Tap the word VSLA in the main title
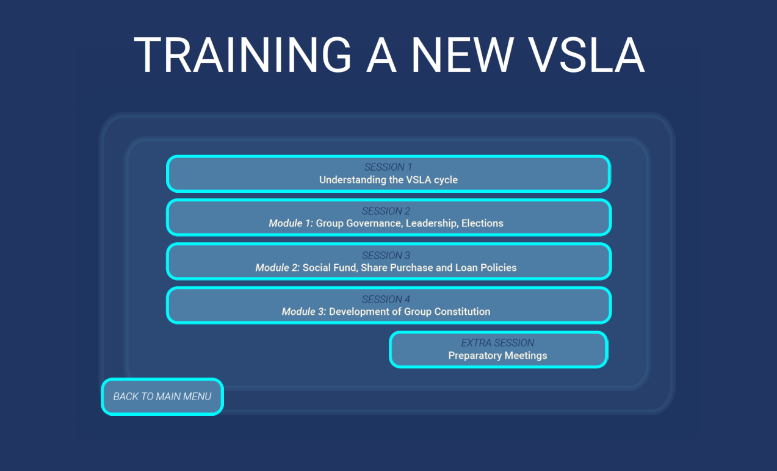[587, 55]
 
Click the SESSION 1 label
[388, 167]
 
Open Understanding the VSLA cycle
[388, 179]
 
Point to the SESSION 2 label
[386, 211]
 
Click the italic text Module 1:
[291, 223]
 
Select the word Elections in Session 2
[482, 223]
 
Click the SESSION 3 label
[386, 255]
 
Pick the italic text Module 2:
[278, 267]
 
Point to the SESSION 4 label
[386, 299]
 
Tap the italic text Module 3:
[304, 311]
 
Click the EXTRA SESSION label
[497, 343]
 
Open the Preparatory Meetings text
[497, 356]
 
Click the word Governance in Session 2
[375, 223]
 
